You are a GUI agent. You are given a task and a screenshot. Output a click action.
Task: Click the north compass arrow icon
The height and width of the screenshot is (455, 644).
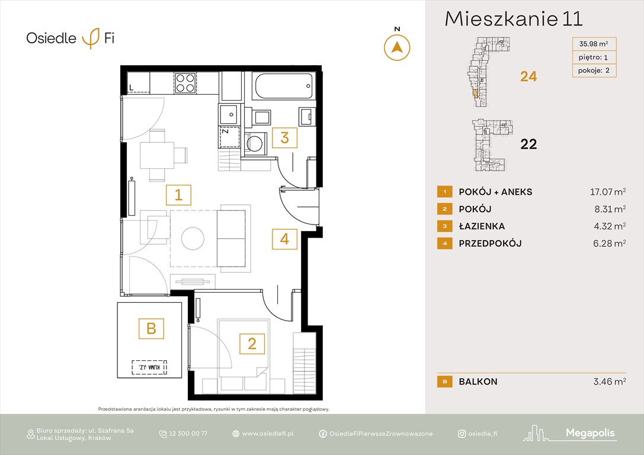[x=397, y=47]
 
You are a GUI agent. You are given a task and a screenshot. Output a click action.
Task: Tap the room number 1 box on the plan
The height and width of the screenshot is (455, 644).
[x=178, y=195]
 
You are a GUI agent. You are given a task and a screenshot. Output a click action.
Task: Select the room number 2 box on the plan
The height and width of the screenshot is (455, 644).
[x=252, y=344]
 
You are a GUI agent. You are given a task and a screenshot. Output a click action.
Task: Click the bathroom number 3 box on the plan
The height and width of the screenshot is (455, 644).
[x=284, y=137]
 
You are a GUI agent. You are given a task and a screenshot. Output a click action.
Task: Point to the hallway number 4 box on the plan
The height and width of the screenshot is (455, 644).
[x=284, y=239]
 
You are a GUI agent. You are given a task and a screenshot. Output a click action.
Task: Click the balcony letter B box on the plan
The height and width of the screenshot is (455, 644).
[x=151, y=328]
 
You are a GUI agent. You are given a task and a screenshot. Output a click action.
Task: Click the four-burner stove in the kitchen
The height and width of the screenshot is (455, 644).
[x=185, y=83]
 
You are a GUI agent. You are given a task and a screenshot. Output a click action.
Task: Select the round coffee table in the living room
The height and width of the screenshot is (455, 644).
[x=194, y=238]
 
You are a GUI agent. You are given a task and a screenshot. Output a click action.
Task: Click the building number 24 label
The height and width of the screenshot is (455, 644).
[x=528, y=76]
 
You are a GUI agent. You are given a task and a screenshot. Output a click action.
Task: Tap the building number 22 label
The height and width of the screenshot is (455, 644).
[x=528, y=144]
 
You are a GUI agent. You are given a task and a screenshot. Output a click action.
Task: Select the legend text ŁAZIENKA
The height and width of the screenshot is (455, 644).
[x=482, y=226]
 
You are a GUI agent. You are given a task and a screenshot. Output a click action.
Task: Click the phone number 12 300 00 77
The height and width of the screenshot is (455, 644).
[x=188, y=434]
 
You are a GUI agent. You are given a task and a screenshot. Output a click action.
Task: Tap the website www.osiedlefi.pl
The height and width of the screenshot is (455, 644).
[x=268, y=434]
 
